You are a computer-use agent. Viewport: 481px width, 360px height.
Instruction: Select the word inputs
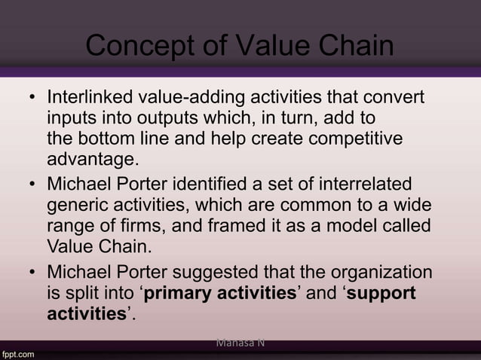pos(71,119)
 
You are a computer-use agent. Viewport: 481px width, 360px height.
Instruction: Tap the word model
pos(354,226)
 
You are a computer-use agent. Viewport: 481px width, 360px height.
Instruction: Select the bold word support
pos(381,293)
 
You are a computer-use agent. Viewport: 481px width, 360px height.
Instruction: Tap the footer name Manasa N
pos(240,343)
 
